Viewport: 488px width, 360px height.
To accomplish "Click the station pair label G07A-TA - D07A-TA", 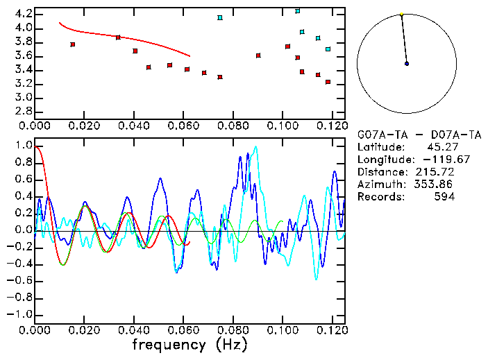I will point(405,134).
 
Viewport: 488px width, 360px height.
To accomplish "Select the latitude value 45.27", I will point(441,146).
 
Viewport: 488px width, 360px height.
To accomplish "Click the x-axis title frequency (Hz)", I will point(190,344).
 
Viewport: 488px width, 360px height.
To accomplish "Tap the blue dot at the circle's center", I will point(407,64).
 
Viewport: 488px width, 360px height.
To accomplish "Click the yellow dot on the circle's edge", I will point(401,14).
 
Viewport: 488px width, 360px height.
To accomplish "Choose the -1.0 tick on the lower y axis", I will point(21,314).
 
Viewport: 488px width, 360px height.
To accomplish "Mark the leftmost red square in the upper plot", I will point(73,44).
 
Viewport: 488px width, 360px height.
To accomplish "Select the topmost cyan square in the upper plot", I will point(298,11).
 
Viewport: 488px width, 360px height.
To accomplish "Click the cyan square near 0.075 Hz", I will point(220,17).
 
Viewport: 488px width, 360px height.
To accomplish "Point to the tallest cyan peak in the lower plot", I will point(256,147).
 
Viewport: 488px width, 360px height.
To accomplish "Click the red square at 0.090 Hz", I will point(258,55).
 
